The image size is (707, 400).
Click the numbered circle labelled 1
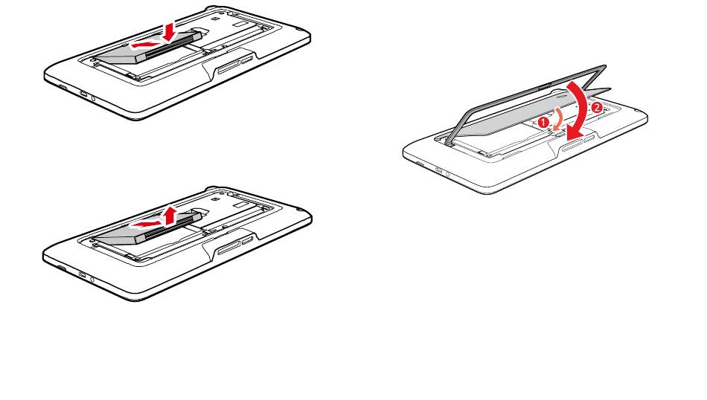click(x=544, y=122)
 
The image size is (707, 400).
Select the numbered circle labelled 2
click(x=596, y=108)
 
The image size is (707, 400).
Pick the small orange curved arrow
click(x=557, y=120)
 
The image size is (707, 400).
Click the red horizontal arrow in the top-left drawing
click(x=147, y=44)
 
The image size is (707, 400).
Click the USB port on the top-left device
click(x=83, y=94)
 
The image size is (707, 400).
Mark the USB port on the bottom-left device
click(x=83, y=274)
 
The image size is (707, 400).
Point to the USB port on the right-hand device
click(x=438, y=170)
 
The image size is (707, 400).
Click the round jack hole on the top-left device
click(x=93, y=97)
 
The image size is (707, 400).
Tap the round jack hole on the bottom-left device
click(x=92, y=280)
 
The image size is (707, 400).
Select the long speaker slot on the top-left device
click(x=229, y=67)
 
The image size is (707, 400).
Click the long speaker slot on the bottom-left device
click(x=230, y=248)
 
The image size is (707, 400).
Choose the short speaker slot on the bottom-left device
click(x=249, y=241)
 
